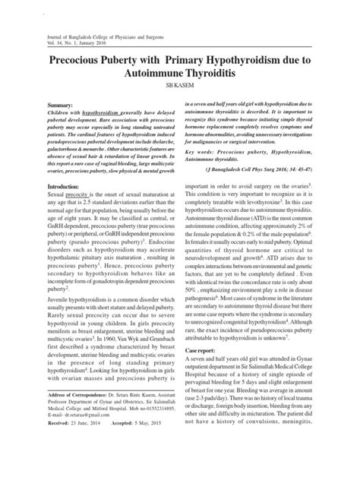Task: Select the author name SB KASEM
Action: [180, 89]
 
